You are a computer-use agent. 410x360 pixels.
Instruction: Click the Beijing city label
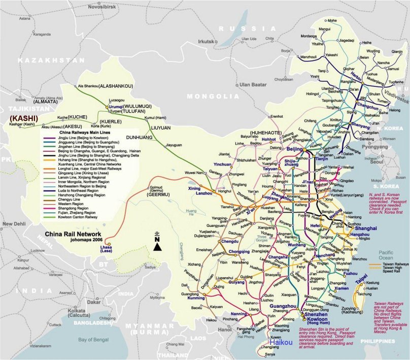294,149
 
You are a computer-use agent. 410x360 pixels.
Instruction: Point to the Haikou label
281,342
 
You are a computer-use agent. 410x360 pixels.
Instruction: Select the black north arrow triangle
158,246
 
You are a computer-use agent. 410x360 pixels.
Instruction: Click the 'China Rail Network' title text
71,235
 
